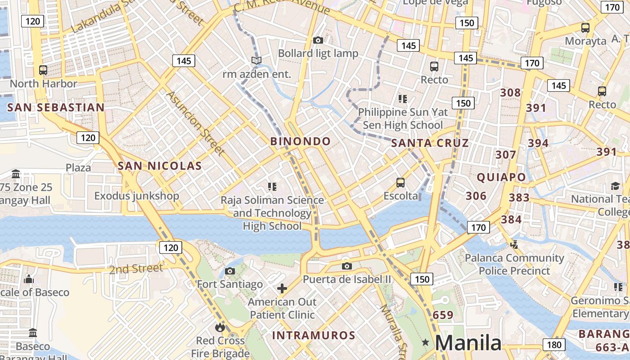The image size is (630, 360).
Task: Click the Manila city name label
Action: [x=468, y=343]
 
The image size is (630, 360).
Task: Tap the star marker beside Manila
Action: [x=425, y=343]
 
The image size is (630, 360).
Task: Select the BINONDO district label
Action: [x=301, y=141]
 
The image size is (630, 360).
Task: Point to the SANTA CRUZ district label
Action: [x=430, y=144]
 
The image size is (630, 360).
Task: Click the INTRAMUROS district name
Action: [x=314, y=336]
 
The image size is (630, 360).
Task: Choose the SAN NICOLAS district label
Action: [x=160, y=166]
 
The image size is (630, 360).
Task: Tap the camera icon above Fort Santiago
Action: [x=230, y=271]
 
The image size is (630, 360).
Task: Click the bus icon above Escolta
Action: [x=400, y=182]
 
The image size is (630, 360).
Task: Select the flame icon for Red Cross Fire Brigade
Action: [x=220, y=327]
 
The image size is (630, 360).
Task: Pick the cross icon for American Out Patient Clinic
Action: [x=282, y=288]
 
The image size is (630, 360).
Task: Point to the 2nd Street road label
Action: [x=136, y=269]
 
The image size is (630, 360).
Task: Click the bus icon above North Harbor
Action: [x=43, y=70]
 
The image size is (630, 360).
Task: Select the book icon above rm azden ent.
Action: [x=256, y=60]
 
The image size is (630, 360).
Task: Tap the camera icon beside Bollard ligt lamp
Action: [x=318, y=40]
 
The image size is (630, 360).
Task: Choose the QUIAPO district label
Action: [x=501, y=177]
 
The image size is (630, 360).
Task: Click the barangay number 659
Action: [x=443, y=315]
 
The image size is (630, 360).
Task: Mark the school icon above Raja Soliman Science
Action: [x=272, y=186]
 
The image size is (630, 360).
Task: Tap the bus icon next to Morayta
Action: [x=585, y=28]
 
